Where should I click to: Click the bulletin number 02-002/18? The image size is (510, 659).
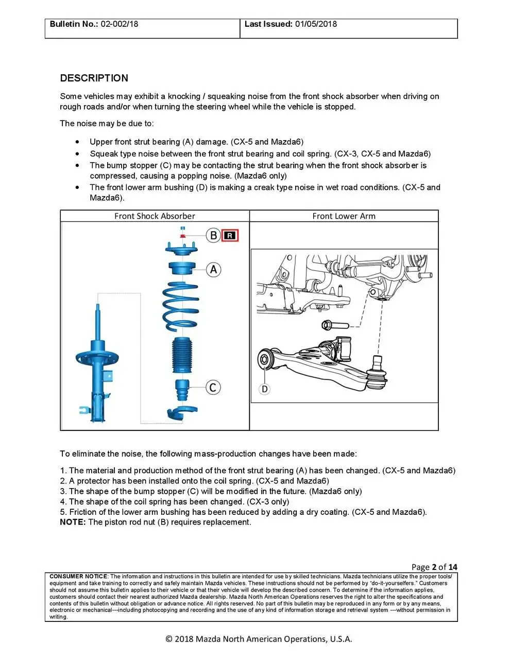pyautogui.click(x=120, y=24)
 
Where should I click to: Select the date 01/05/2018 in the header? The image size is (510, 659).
pyautogui.click(x=316, y=24)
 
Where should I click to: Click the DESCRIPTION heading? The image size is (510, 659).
pyautogui.click(x=94, y=78)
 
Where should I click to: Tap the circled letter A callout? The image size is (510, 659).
pyautogui.click(x=213, y=269)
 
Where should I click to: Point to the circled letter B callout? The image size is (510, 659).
pyautogui.click(x=213, y=236)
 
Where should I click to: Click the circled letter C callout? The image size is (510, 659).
pyautogui.click(x=213, y=387)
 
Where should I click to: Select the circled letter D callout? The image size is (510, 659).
pyautogui.click(x=264, y=389)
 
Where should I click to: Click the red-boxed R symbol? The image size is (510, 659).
pyautogui.click(x=230, y=236)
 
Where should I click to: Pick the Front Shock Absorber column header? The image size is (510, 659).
pyautogui.click(x=155, y=216)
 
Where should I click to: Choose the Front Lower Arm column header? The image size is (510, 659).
pyautogui.click(x=344, y=216)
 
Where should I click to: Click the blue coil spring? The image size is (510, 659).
pyautogui.click(x=181, y=306)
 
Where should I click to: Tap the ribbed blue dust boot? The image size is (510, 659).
pyautogui.click(x=181, y=355)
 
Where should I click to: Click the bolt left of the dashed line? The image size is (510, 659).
pyautogui.click(x=335, y=325)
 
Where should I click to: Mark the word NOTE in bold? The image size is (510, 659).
pyautogui.click(x=73, y=522)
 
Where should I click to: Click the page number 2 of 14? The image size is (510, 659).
pyautogui.click(x=434, y=567)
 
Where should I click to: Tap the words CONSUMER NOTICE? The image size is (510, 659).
pyautogui.click(x=78, y=576)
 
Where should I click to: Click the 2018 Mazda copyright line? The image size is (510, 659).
pyautogui.click(x=259, y=639)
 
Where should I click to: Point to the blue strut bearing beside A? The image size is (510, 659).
pyautogui.click(x=181, y=270)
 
